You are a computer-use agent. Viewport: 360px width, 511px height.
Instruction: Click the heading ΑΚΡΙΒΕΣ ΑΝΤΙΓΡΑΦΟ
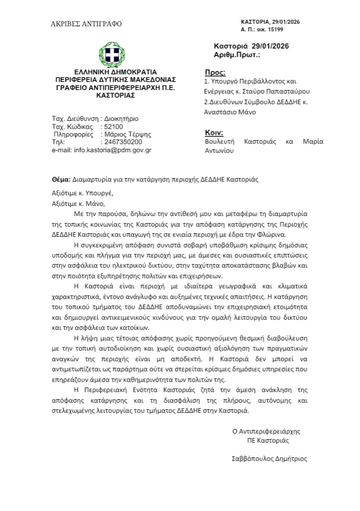tap(86, 24)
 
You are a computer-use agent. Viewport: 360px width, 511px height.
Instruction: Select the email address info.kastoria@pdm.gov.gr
tap(112, 150)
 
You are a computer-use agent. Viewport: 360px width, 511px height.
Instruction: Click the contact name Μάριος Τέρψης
tap(127, 135)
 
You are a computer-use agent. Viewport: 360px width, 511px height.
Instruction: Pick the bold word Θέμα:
tap(61, 179)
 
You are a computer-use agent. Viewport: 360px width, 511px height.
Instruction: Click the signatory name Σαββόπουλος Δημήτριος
tap(268, 459)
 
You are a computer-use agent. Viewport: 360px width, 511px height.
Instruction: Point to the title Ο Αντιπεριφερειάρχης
tap(266, 432)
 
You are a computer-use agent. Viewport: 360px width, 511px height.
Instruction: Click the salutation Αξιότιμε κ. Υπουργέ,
tap(83, 193)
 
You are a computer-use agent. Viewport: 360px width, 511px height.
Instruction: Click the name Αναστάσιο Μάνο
tap(230, 112)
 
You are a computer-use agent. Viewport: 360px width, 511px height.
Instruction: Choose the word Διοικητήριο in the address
tap(121, 119)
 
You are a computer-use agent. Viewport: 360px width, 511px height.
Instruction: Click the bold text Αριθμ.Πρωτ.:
tap(237, 54)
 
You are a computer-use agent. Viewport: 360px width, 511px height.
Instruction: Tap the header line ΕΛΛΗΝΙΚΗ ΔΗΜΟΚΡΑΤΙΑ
tap(115, 71)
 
